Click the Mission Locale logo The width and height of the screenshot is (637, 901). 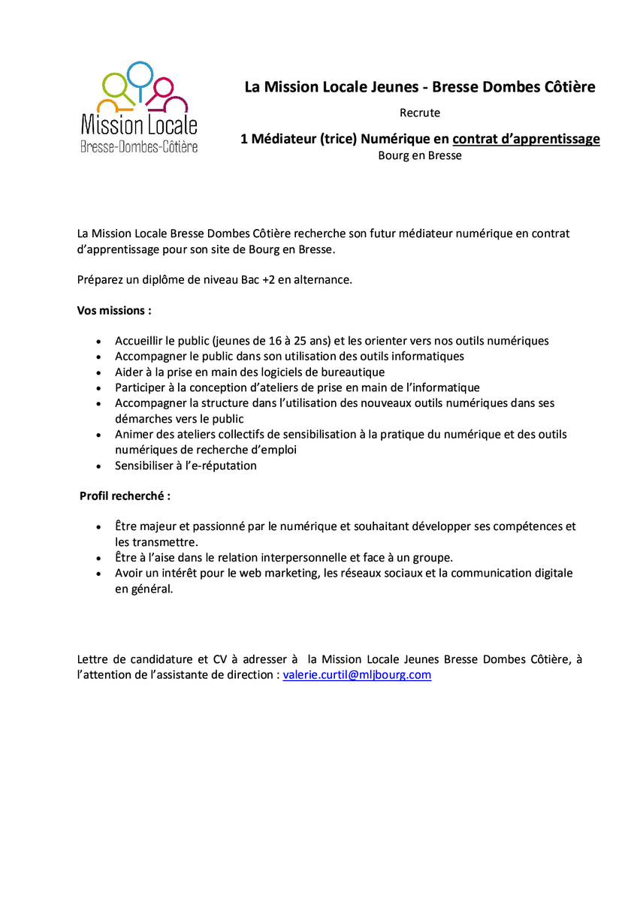coord(139,109)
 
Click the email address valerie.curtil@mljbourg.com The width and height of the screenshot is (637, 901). coord(357,675)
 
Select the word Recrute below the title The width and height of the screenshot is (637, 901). coord(420,113)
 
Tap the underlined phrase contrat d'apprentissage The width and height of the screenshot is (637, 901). coord(526,139)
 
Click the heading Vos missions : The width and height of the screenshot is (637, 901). coord(114,310)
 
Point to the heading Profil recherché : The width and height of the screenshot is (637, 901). coord(125,496)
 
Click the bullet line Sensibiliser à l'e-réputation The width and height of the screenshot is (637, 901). coord(186,466)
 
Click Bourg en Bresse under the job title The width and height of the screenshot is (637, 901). coord(420,156)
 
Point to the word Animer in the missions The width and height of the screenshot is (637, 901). coord(134,435)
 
